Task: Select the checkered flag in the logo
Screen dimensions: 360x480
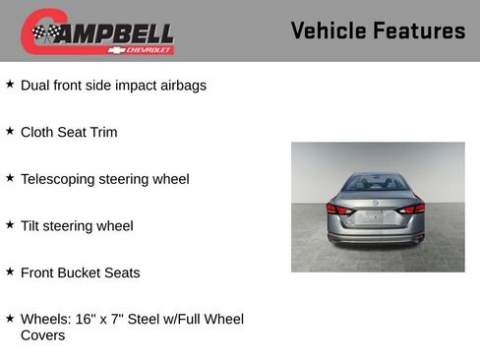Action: [x=44, y=33]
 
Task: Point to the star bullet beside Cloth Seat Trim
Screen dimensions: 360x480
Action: [x=10, y=131]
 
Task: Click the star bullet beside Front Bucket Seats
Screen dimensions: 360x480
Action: [x=10, y=271]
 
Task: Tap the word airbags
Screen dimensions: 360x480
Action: [x=182, y=86]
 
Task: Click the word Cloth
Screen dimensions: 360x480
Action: [x=37, y=133]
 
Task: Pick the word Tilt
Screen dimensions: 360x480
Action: [x=31, y=226]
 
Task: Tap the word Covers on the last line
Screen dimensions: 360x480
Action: [x=42, y=335]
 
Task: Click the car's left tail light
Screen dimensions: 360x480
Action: [x=337, y=209]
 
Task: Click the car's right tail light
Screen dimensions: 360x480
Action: [x=414, y=208]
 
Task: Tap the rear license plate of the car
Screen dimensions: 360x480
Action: [x=375, y=216]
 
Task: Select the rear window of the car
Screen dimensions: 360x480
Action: [x=376, y=184]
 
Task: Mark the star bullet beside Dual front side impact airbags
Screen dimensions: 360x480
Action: [x=10, y=85]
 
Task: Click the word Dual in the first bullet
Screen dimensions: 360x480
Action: [x=36, y=86]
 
